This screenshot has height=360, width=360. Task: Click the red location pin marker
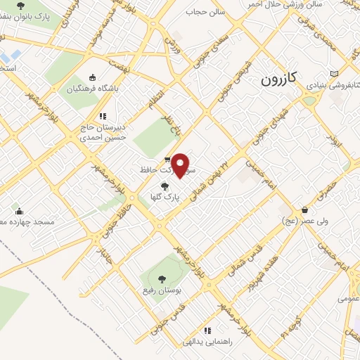pyautogui.click(x=181, y=165)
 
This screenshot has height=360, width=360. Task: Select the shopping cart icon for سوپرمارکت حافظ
pyautogui.click(x=167, y=160)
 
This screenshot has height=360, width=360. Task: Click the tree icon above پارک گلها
pyautogui.click(x=165, y=186)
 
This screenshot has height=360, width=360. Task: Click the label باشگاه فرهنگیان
pyautogui.click(x=93, y=89)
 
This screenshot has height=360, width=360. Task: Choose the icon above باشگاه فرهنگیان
pyautogui.click(x=93, y=77)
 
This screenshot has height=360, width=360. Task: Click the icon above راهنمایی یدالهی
pyautogui.click(x=207, y=330)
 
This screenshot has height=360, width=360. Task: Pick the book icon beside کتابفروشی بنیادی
pyautogui.click(x=334, y=74)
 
